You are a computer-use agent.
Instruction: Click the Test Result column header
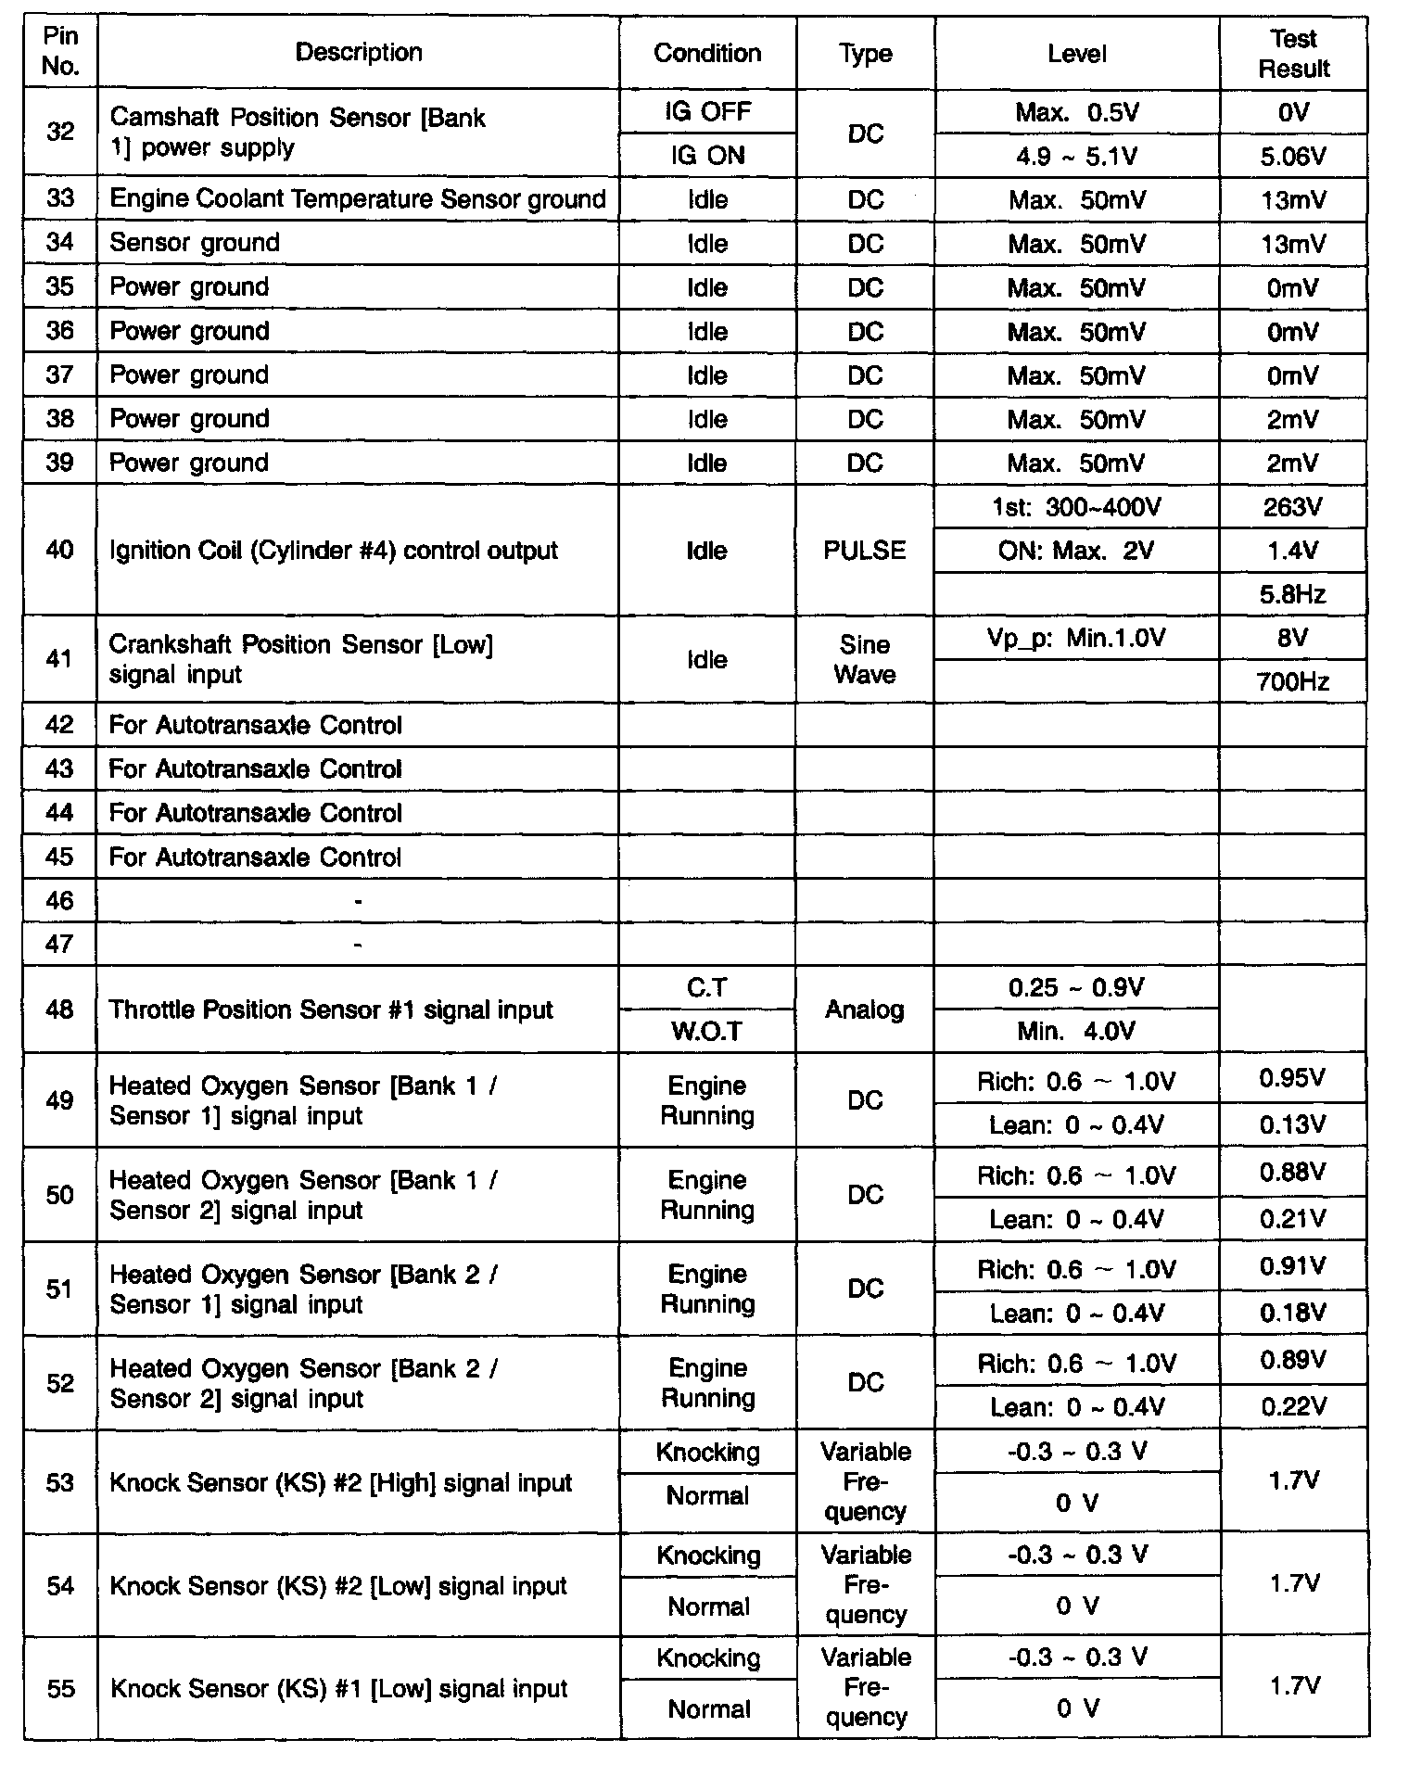[1293, 54]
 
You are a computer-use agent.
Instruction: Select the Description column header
[359, 53]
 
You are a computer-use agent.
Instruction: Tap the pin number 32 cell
[60, 133]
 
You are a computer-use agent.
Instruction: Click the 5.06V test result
[1293, 156]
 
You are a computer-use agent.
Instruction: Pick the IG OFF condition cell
[707, 112]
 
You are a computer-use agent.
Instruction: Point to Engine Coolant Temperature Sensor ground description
[358, 199]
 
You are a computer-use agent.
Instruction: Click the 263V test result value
[1293, 507]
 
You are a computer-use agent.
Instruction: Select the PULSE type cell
[865, 551]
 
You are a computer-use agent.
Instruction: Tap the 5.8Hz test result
[1293, 594]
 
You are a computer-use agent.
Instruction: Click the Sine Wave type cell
[865, 660]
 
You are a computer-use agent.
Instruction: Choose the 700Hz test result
[1293, 683]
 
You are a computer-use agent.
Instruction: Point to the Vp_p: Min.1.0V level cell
[1077, 639]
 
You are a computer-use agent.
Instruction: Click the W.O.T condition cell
[707, 1032]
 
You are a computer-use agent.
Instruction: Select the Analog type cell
[865, 1009]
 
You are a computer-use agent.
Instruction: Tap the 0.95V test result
[1293, 1078]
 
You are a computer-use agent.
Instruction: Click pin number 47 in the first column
[60, 945]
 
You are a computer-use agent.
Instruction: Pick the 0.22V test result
[1293, 1407]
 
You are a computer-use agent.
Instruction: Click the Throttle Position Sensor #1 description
[331, 1009]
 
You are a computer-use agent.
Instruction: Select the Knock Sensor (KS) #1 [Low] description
[338, 1689]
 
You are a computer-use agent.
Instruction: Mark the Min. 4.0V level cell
[1077, 1032]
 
